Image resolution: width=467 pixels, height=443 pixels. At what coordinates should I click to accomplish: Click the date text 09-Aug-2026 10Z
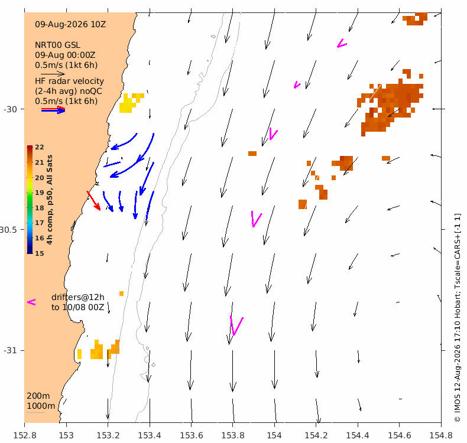tap(70, 24)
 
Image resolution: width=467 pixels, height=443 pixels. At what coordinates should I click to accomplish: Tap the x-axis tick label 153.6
tap(191, 435)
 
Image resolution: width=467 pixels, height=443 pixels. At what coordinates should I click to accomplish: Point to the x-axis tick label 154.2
tap(316, 435)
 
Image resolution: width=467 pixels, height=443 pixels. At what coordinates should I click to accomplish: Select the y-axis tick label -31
tap(10, 350)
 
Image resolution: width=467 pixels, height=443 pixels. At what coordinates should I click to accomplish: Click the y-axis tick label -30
tap(10, 109)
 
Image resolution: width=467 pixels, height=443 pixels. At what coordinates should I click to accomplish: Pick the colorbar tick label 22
tap(40, 147)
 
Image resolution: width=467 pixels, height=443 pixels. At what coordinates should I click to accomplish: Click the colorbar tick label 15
tap(40, 253)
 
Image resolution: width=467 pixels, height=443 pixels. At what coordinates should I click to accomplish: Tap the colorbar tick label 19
tap(40, 193)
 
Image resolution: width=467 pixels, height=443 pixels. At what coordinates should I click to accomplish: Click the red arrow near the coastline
tap(93, 201)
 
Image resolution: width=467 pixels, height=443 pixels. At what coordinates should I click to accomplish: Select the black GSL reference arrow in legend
tap(53, 74)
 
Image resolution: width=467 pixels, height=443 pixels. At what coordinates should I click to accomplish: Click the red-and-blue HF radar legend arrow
tap(53, 110)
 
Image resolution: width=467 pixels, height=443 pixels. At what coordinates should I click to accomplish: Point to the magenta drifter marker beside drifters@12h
tap(31, 302)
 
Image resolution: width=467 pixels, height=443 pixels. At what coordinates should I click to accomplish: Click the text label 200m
tap(38, 396)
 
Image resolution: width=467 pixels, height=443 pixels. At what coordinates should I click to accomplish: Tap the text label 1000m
tap(41, 406)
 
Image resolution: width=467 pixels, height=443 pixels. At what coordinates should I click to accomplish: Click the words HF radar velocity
tap(69, 82)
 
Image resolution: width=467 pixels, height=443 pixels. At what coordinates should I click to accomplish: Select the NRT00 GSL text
tap(57, 45)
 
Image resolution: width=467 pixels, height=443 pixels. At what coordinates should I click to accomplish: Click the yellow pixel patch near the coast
tap(131, 103)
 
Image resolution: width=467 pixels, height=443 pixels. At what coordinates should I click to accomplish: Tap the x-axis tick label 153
tap(66, 435)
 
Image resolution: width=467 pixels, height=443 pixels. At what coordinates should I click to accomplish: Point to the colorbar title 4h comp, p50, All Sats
tap(50, 200)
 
